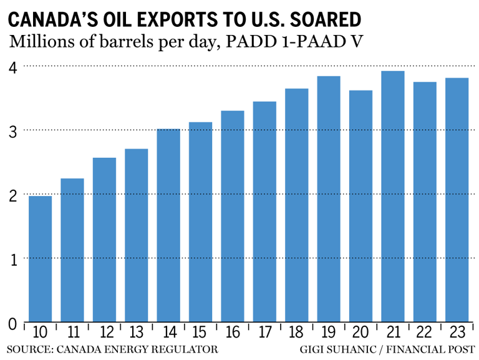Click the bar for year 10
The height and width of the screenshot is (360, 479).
[x=40, y=259]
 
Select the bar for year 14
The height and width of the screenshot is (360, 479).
[x=168, y=225]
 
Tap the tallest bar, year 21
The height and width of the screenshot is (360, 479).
[x=393, y=197]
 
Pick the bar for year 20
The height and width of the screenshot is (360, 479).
[x=360, y=206]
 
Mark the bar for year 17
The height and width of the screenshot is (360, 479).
[x=264, y=212]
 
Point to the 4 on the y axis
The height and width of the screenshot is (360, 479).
[x=12, y=66]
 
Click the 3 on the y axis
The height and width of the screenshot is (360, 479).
[x=12, y=130]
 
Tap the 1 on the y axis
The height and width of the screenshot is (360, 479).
[x=12, y=258]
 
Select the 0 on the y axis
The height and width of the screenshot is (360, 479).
[x=12, y=323]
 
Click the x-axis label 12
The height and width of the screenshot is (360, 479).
[x=104, y=332]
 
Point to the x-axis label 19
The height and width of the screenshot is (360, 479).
[x=328, y=332]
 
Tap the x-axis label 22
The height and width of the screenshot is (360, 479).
[x=425, y=332]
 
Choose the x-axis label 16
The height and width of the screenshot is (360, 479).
[x=232, y=332]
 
